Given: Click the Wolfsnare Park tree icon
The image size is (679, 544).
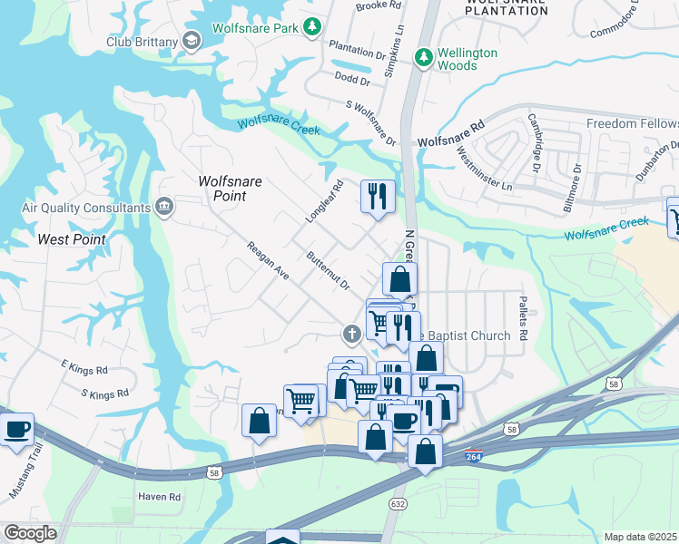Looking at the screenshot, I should pos(312,28).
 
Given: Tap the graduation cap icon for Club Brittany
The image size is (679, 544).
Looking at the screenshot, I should pos(192,41).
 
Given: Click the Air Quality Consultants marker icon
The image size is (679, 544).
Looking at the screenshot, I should pos(164,207).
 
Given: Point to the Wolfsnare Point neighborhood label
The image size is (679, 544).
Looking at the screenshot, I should pos(230,189).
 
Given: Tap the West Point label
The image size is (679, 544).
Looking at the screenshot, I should pos(72,239).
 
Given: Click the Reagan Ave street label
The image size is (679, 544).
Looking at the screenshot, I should pos(268,261).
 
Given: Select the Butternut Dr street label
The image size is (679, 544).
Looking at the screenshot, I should pos(328,271).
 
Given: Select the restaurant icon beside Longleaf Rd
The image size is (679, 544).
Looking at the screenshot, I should pos(377,196).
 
